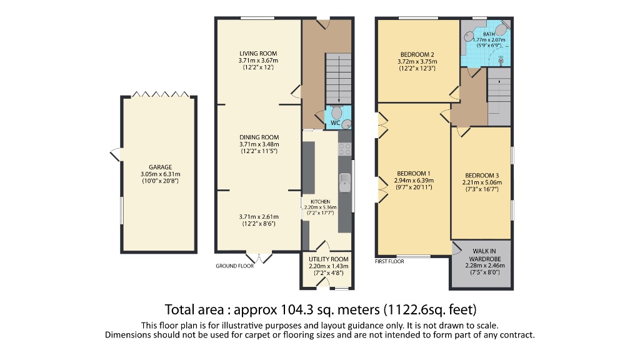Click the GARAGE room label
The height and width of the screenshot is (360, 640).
[x=152, y=167]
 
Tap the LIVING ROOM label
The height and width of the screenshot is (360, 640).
[x=258, y=53]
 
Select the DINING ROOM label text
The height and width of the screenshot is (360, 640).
[x=259, y=137]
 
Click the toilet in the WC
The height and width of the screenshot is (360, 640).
[x=336, y=113]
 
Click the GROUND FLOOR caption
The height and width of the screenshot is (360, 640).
[x=235, y=266]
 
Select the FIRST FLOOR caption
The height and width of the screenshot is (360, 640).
[x=389, y=261]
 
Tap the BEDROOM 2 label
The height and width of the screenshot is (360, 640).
[x=417, y=54]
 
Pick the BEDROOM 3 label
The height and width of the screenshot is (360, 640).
[x=482, y=175]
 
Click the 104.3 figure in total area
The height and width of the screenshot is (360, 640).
[x=293, y=309]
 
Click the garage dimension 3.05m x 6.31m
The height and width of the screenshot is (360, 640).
[x=152, y=174]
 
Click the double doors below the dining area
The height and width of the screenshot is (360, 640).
[x=259, y=257]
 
